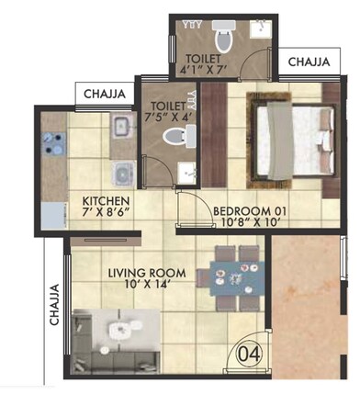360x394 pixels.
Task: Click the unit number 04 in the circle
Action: coord(247,353)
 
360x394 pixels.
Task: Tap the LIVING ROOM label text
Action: coord(147,273)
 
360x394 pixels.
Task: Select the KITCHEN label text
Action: coord(106,201)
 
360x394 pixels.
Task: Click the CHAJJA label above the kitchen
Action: coord(106,94)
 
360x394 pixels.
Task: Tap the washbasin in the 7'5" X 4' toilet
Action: coord(188,170)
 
